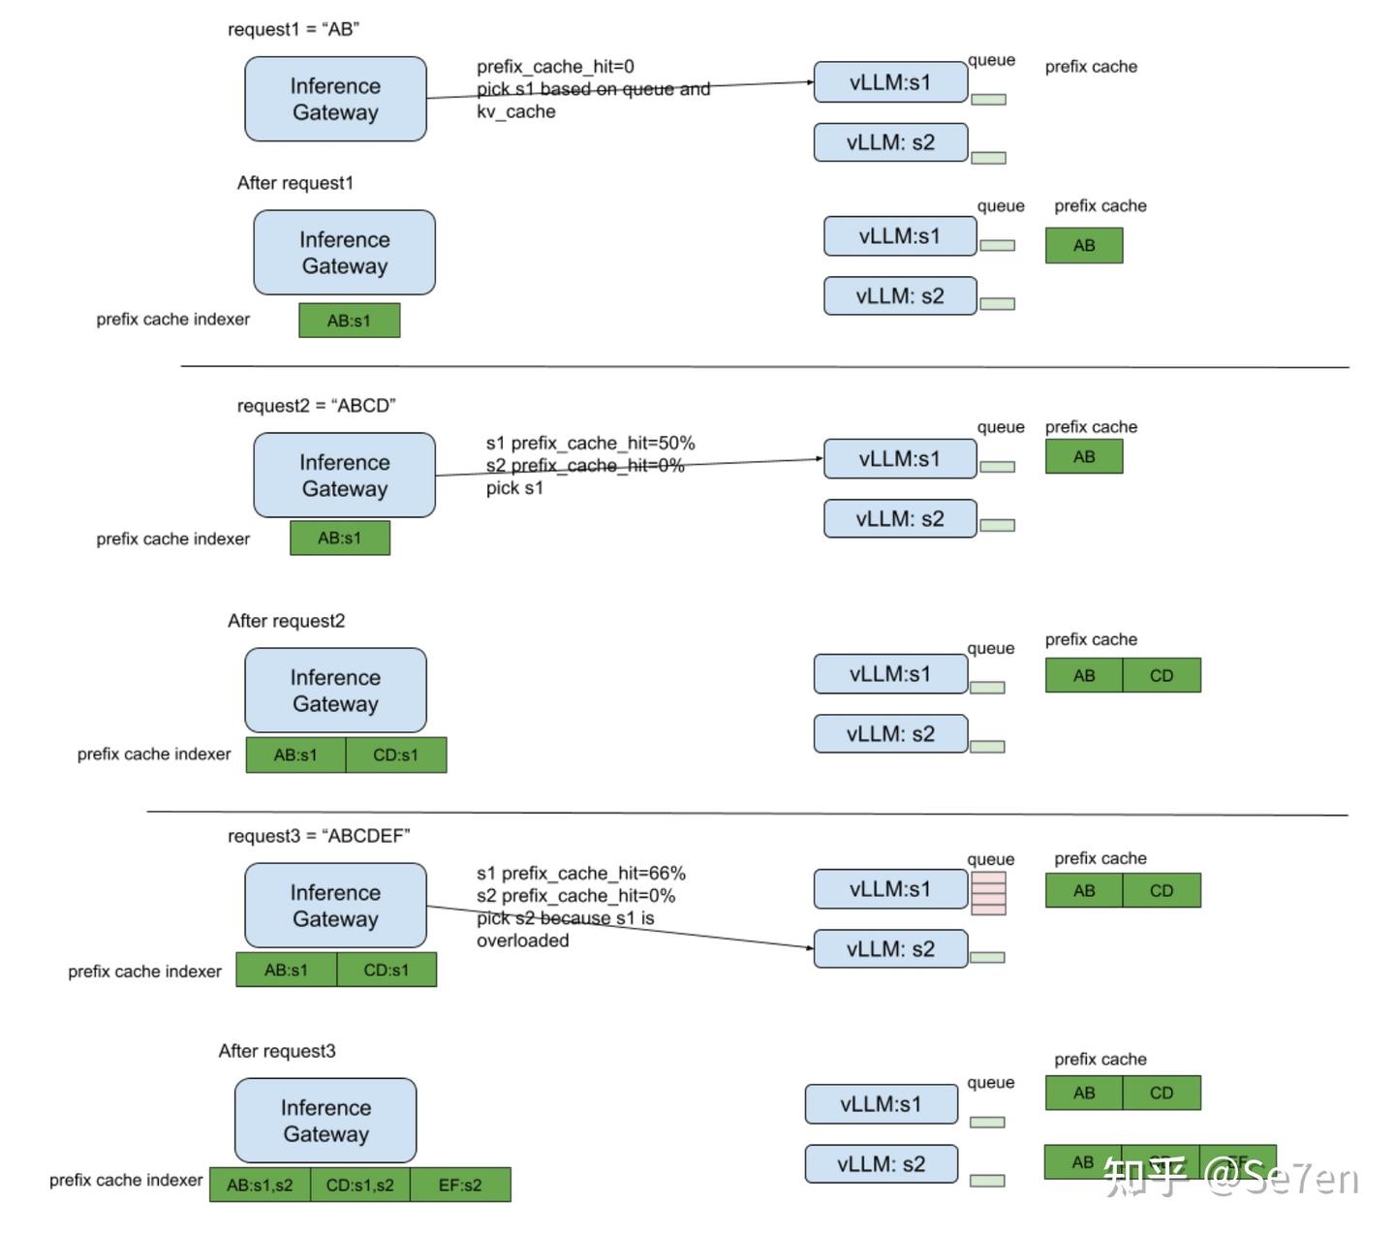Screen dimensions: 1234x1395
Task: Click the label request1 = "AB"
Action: coord(293,29)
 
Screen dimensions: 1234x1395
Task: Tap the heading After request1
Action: coord(294,183)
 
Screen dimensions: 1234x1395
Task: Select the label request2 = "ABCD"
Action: coord(316,406)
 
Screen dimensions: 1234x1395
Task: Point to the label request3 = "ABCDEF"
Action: coord(319,836)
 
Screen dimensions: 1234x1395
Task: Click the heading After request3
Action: coord(276,1051)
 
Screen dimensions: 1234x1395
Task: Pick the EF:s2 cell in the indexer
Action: coord(460,1185)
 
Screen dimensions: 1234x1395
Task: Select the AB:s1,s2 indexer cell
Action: coord(260,1185)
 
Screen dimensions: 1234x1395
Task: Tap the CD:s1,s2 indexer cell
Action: coord(359,1185)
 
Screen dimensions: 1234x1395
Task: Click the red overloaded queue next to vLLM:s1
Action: coord(988,893)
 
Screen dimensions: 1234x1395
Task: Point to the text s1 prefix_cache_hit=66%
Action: coord(580,874)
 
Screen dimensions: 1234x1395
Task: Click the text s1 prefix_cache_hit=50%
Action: coord(590,444)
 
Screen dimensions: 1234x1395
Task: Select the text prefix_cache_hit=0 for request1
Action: coord(555,67)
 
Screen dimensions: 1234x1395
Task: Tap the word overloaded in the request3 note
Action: coord(522,941)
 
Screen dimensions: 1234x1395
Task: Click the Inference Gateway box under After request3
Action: coord(325,1121)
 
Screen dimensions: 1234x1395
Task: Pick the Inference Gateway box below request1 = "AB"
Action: coord(335,99)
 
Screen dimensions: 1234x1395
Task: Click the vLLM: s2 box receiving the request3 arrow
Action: coord(890,949)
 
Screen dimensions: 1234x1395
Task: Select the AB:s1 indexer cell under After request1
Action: coord(349,321)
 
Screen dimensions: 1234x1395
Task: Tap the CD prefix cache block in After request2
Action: coord(1161,675)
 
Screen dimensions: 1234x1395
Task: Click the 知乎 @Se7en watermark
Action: coord(1231,1177)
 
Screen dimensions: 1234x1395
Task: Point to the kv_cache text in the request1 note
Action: coord(515,111)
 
